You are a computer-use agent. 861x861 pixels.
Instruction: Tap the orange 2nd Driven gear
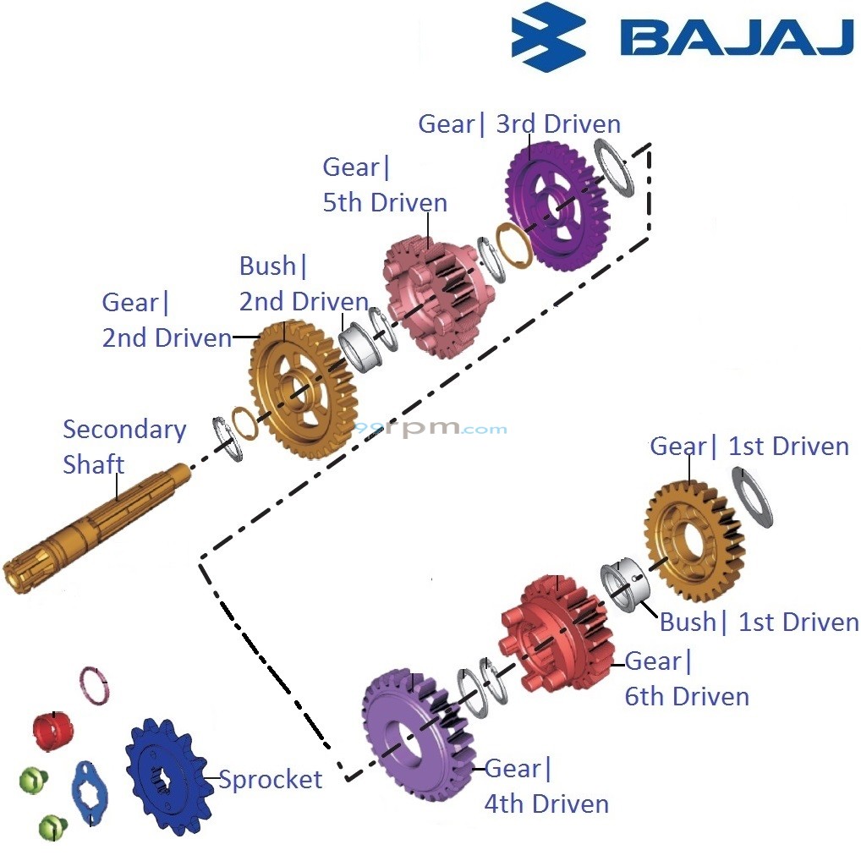coord(300,389)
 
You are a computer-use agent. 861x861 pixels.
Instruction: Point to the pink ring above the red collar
coord(95,686)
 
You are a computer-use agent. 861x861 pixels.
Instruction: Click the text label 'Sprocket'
coord(271,779)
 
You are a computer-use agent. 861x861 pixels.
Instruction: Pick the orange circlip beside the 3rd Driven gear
coord(512,248)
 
